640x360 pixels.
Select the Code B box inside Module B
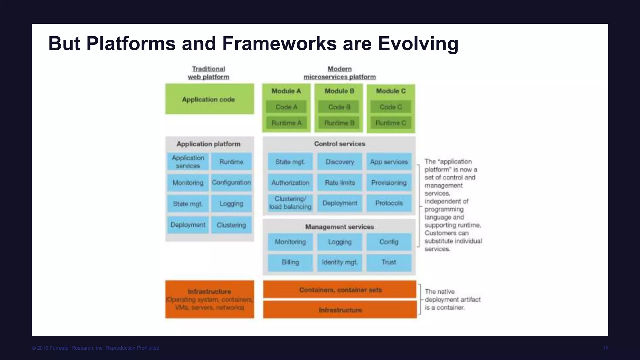(339, 107)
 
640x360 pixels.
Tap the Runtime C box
(391, 123)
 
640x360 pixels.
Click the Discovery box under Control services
(340, 162)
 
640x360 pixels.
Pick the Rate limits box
(340, 182)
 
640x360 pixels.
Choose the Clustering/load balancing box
(290, 203)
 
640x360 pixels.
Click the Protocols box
(389, 203)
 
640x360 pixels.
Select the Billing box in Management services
(290, 262)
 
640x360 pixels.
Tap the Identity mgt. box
(340, 262)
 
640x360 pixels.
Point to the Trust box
(389, 262)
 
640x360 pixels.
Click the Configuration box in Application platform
(231, 182)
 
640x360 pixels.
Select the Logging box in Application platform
(231, 204)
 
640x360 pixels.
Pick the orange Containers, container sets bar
(340, 290)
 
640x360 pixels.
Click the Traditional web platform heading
(208, 73)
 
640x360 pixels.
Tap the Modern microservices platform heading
(340, 73)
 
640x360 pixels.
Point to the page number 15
(605, 348)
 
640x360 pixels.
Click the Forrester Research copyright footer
(95, 348)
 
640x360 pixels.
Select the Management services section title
(339, 227)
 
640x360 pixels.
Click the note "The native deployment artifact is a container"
(452, 299)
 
